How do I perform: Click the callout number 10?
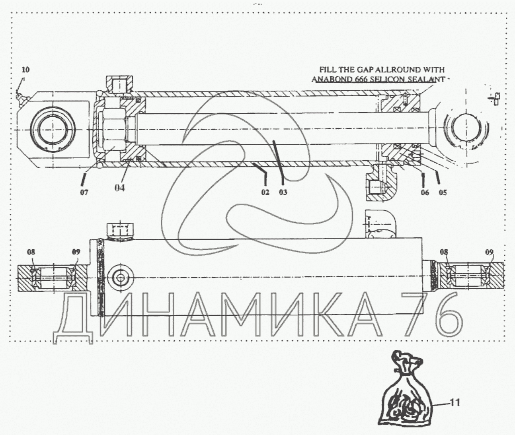click(x=25, y=70)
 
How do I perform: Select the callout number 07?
click(x=84, y=192)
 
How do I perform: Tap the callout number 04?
click(x=119, y=188)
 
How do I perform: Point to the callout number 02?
click(x=265, y=192)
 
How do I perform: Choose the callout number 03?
click(x=283, y=192)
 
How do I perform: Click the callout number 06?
click(x=425, y=192)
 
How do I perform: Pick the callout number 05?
click(x=443, y=192)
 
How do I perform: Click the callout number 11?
click(x=455, y=403)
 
